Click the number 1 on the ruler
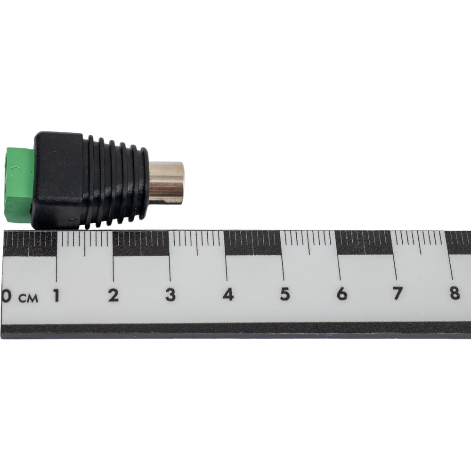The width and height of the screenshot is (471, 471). pyautogui.click(x=56, y=295)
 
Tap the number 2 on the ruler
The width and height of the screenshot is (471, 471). pyautogui.click(x=113, y=295)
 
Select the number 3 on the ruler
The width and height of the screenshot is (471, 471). pyautogui.click(x=171, y=295)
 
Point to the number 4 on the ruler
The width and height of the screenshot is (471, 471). pyautogui.click(x=228, y=294)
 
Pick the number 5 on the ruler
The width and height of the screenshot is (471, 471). pyautogui.click(x=285, y=294)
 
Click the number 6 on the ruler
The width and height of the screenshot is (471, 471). pyautogui.click(x=342, y=293)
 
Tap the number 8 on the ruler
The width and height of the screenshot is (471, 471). pyautogui.click(x=455, y=293)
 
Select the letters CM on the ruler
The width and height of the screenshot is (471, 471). pyautogui.click(x=28, y=298)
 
